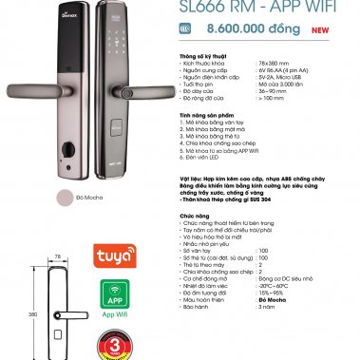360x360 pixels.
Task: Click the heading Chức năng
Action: coord(193,215)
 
